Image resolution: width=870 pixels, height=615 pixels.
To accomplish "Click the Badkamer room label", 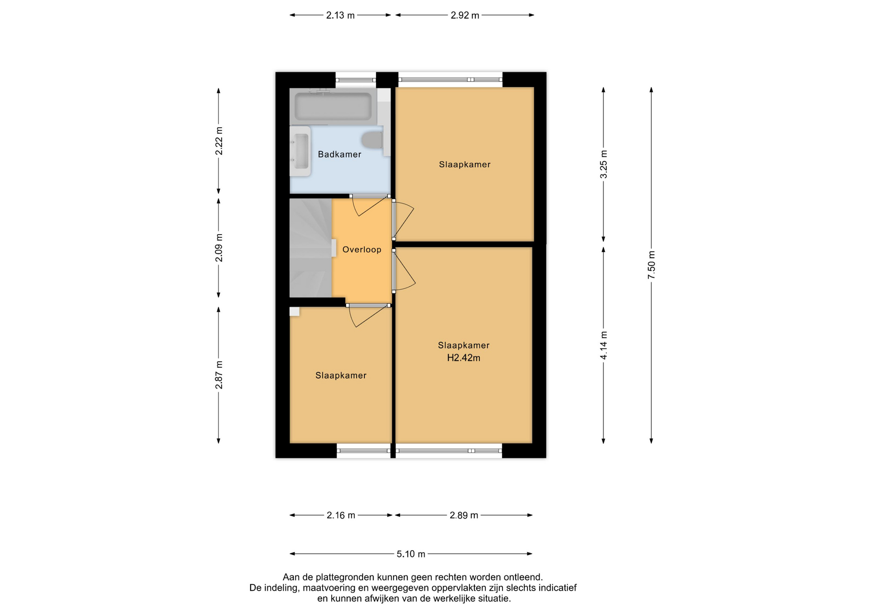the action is pos(339,154).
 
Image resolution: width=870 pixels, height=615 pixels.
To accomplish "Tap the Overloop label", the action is pos(362,250).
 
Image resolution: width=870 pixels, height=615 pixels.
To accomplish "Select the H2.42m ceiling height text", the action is pos(464,358).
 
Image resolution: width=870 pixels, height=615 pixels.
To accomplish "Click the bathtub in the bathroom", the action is pos(333,106).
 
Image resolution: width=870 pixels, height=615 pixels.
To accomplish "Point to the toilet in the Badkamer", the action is pos(373,140).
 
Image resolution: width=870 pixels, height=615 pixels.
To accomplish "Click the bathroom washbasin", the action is pos(300,151).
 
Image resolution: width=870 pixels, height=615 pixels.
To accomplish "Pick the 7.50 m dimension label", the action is pos(651,265).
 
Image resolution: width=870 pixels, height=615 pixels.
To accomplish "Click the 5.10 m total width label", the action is pos(411,554).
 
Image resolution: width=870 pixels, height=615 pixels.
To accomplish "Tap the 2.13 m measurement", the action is pos(340,15).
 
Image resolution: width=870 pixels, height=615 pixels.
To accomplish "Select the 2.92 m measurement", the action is pos(465,15).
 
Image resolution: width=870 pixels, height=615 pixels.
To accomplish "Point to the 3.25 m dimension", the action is pos(604,164).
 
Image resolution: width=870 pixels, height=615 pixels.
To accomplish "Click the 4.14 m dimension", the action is pos(604,346).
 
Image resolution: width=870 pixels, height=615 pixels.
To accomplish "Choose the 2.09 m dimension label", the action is pos(219,248).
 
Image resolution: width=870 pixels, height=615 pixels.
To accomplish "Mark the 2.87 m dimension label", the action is pos(219,375).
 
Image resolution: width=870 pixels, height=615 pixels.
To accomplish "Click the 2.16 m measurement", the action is pos(341,515).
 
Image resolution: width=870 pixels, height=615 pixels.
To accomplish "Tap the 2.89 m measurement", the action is pos(464,515).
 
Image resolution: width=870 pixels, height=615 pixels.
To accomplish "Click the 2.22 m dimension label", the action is pos(219,141).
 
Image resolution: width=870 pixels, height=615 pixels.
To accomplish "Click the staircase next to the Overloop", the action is pos(311,248).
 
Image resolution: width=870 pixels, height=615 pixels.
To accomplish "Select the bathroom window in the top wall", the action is pos(356,80).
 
